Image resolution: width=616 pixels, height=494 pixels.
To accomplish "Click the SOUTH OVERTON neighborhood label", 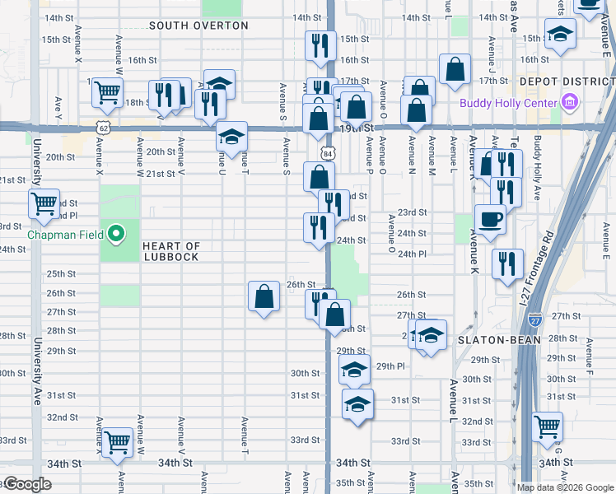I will tap(198, 26).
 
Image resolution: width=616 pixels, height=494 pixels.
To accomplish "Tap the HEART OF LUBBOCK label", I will tap(170, 251).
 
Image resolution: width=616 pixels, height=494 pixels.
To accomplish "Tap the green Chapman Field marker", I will tap(116, 235).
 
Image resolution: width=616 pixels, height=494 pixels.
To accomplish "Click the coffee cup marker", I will tap(491, 220).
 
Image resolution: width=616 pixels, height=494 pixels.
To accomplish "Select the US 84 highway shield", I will tap(329, 153).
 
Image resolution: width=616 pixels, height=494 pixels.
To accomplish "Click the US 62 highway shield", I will tap(102, 128).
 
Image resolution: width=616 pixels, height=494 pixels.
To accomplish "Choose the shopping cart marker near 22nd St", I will tap(44, 202).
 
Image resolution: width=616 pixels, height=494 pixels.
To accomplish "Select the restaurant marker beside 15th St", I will tap(319, 45).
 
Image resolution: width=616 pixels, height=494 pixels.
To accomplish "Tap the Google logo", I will tap(27, 484).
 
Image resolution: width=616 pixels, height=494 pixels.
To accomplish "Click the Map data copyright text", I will tap(565, 487).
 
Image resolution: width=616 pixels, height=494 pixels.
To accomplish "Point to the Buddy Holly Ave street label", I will tap(537, 170).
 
